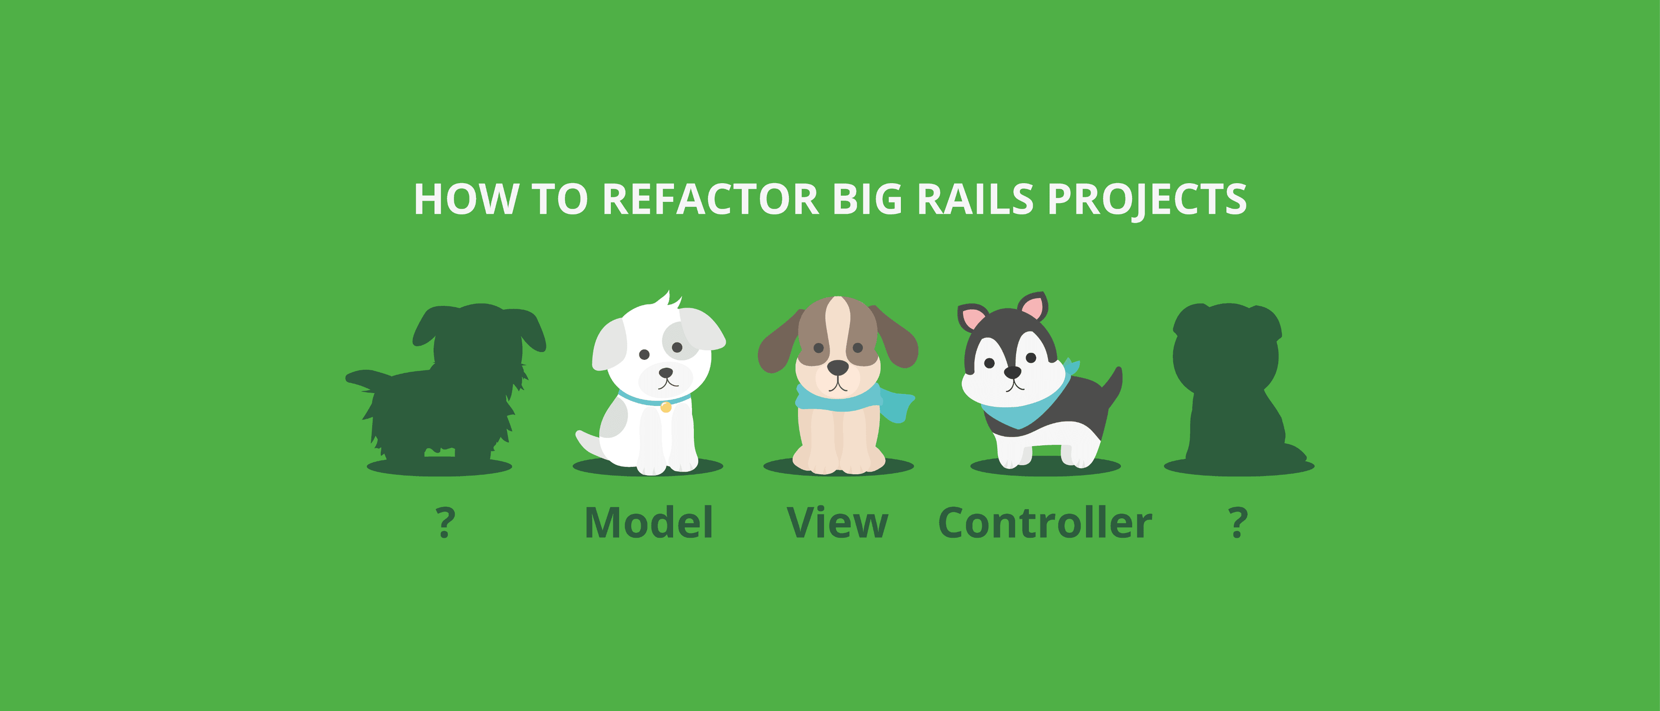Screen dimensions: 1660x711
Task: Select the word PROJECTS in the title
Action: click(1147, 200)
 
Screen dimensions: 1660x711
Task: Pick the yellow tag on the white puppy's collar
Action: click(666, 407)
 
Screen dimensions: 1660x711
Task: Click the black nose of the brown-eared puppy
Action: click(838, 368)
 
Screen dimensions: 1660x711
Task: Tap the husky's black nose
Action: click(1012, 372)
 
